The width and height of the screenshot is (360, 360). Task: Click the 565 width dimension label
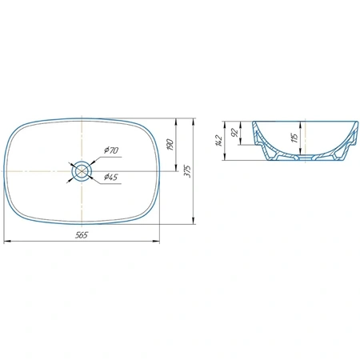82,235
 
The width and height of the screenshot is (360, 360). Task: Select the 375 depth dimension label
188,171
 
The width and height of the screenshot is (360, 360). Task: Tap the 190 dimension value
170,144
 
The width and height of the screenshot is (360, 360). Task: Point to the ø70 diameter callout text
111,150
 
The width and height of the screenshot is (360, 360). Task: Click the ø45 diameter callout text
110,177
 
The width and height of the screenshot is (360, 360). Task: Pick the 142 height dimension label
218,141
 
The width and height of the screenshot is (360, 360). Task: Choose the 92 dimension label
234,133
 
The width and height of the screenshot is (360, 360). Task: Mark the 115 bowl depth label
295,138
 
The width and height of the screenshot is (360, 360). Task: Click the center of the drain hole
82,171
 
